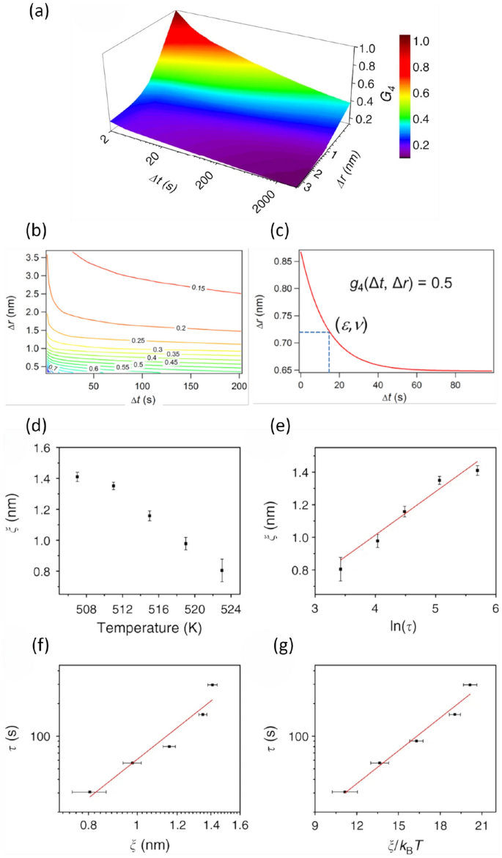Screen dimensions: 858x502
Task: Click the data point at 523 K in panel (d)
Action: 221,570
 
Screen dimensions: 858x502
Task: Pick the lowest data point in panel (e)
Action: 340,569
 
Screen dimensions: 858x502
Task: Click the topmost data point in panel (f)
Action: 211,684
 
